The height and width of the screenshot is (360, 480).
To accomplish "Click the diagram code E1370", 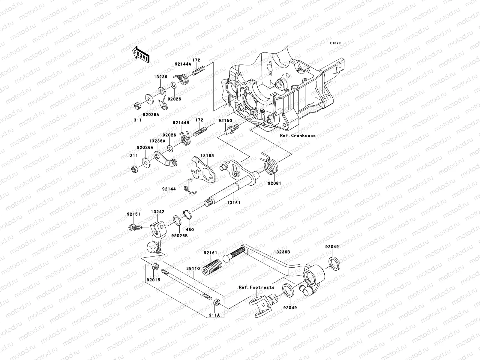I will click(x=335, y=43).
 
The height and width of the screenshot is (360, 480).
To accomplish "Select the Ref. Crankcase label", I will click(x=298, y=136).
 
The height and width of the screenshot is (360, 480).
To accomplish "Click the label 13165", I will click(x=207, y=156).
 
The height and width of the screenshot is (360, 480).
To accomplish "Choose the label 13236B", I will click(x=281, y=252).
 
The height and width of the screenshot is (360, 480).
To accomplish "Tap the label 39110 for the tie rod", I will click(x=193, y=268).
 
